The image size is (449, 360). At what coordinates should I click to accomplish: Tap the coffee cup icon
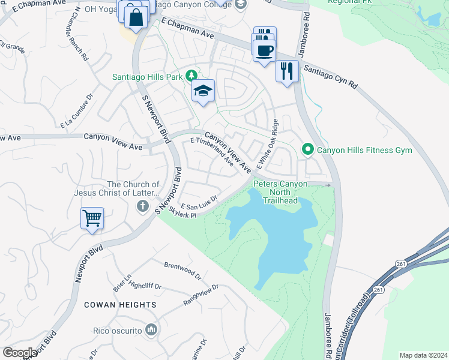264,50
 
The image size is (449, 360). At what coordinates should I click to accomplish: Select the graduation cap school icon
203,91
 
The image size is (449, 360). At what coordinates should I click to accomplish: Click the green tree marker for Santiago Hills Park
191,76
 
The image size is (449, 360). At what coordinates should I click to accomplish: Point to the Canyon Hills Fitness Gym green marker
308,149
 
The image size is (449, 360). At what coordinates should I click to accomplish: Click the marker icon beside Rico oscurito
151,329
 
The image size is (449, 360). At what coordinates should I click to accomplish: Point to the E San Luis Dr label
198,202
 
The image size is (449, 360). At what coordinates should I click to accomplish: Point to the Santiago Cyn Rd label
330,77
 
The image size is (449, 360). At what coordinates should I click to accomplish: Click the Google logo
19,352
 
